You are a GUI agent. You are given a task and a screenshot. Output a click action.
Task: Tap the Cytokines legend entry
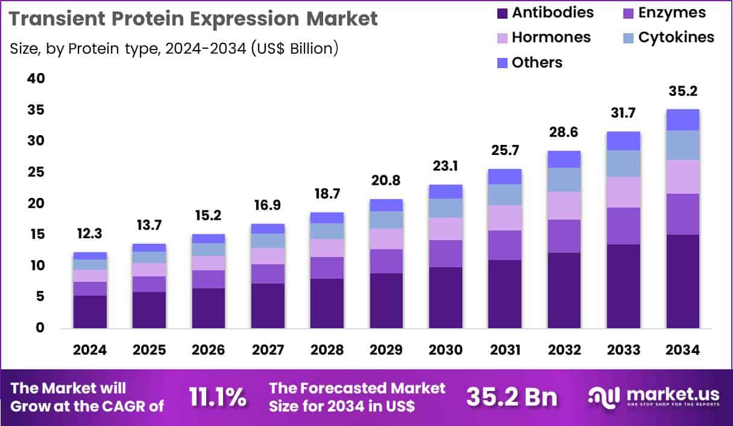(676, 37)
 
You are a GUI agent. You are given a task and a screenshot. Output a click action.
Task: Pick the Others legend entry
(536, 63)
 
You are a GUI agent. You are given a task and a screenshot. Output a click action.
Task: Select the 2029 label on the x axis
(386, 351)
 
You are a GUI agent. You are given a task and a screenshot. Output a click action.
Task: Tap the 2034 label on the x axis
(682, 351)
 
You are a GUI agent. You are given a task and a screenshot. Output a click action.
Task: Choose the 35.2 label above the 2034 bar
(682, 91)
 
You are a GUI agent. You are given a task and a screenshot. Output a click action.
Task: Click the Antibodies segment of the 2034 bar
(682, 281)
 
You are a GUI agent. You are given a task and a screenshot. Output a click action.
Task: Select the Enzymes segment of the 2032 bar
(564, 236)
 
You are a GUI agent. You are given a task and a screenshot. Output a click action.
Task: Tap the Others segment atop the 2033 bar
(623, 141)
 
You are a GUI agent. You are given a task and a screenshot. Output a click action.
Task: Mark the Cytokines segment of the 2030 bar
(445, 208)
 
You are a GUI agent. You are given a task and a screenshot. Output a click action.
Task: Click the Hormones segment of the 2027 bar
(268, 256)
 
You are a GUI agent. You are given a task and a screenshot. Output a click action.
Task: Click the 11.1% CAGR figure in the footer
(218, 398)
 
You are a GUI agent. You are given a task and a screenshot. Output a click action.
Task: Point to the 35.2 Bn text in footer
(512, 398)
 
